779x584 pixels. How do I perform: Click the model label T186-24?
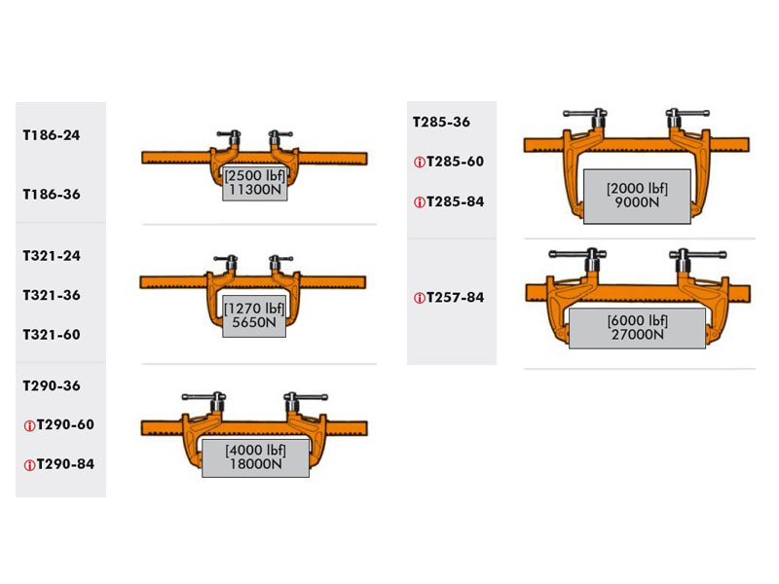click(x=52, y=135)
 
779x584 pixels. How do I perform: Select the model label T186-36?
click(x=52, y=194)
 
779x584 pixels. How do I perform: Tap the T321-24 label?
click(x=52, y=256)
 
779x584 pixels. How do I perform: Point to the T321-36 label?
click(x=52, y=295)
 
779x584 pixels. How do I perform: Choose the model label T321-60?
click(x=52, y=335)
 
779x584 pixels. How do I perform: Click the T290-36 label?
click(x=52, y=385)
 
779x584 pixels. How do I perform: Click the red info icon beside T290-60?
click(x=29, y=425)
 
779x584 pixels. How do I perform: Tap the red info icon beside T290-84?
click(x=29, y=465)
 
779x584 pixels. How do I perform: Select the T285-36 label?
click(x=441, y=123)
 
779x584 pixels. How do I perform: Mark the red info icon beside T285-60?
click(x=420, y=163)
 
